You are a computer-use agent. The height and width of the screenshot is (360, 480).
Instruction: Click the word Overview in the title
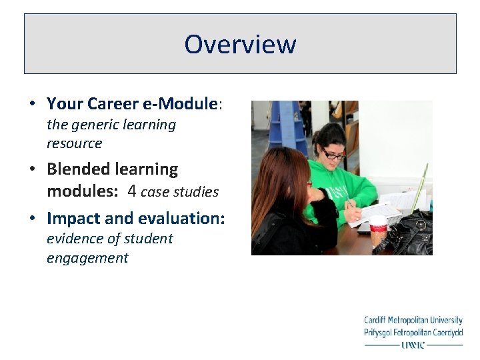point(240,44)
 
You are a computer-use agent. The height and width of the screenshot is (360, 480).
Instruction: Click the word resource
point(74,143)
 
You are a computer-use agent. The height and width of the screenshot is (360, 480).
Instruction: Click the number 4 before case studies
point(132,191)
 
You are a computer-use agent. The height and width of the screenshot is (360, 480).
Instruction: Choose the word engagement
point(87,258)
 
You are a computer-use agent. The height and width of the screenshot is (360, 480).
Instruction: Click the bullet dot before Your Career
point(32,104)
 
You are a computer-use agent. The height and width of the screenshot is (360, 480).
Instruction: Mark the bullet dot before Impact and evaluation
point(32,218)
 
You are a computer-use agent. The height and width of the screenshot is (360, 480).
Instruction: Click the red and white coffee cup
point(378,230)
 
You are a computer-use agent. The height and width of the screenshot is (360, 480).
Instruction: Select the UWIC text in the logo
point(413,345)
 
